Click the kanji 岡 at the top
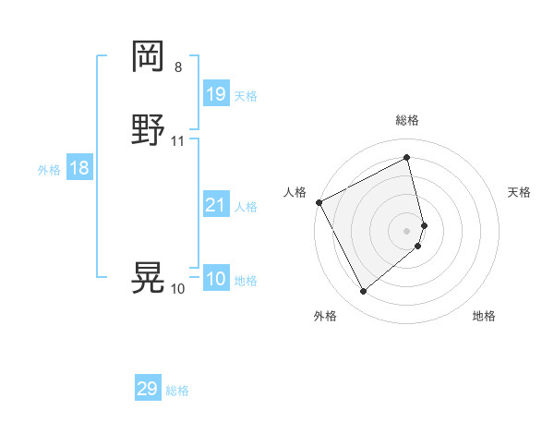click(148, 56)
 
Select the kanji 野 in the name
click(148, 130)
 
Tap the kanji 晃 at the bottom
click(148, 277)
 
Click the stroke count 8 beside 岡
click(178, 66)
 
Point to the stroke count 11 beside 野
click(178, 141)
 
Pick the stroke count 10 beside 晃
click(177, 288)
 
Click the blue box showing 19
click(215, 93)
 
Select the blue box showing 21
click(215, 205)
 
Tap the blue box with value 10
click(215, 279)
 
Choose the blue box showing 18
click(79, 168)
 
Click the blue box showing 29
click(148, 389)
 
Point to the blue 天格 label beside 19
click(246, 95)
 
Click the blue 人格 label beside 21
click(246, 207)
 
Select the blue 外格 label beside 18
click(49, 170)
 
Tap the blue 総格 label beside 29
click(177, 391)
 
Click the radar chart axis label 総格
click(407, 120)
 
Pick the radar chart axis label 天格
click(520, 192)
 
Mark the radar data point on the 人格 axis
click(319, 202)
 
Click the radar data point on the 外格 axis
click(363, 292)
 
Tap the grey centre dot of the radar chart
click(407, 231)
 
